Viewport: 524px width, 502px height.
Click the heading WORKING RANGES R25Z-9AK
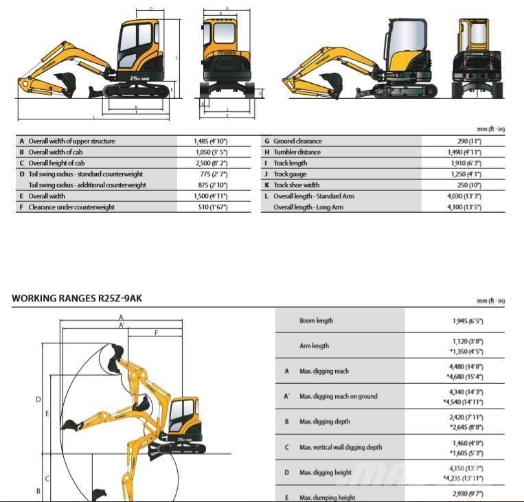tap(76, 299)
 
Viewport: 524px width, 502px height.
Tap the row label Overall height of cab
tap(56, 163)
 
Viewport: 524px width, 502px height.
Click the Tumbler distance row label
tap(297, 152)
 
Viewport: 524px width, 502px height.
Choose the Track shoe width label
tap(296, 185)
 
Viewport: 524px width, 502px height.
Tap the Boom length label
tap(316, 321)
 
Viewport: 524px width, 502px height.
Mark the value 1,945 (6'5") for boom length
tap(468, 321)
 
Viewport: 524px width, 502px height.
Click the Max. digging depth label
tap(323, 421)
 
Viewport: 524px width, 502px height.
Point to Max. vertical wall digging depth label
tap(341, 447)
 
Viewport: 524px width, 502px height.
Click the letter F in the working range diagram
tap(157, 333)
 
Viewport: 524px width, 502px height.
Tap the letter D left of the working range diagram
tap(38, 398)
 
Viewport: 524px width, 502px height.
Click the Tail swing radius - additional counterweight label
tap(87, 185)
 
